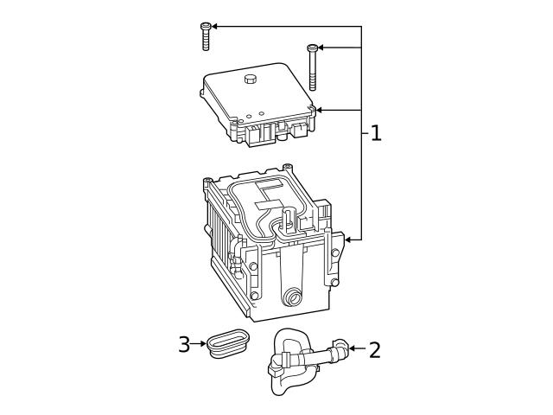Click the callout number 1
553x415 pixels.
375,133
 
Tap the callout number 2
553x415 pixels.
374,349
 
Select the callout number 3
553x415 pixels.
183,345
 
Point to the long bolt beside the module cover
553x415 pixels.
313,68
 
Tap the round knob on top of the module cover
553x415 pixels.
251,80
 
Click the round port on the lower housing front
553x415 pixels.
295,297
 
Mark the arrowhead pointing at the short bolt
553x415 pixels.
215,26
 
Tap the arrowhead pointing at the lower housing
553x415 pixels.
347,238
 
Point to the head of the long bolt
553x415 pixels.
313,48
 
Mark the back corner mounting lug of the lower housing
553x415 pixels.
286,166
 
